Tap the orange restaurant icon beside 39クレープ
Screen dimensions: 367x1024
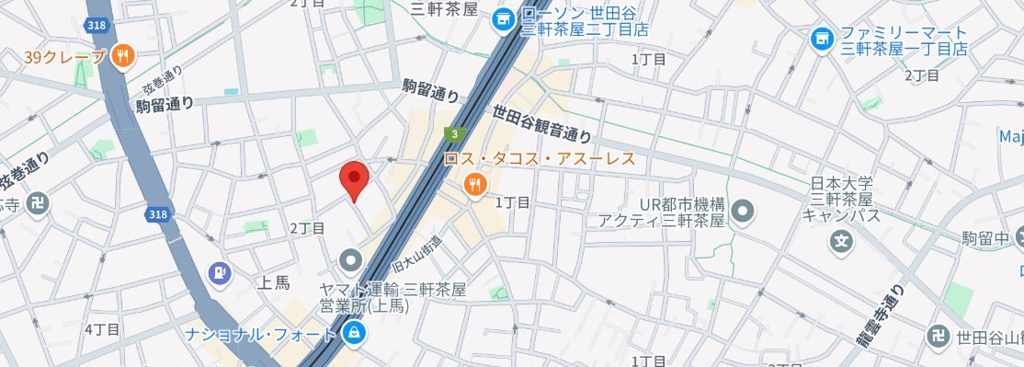122,57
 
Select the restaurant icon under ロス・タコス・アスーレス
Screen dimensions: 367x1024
474,185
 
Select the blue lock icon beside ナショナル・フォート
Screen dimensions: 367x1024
352,332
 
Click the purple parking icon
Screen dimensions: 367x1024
218,271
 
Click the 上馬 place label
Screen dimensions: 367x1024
275,283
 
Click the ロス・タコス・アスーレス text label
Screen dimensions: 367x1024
540,159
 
